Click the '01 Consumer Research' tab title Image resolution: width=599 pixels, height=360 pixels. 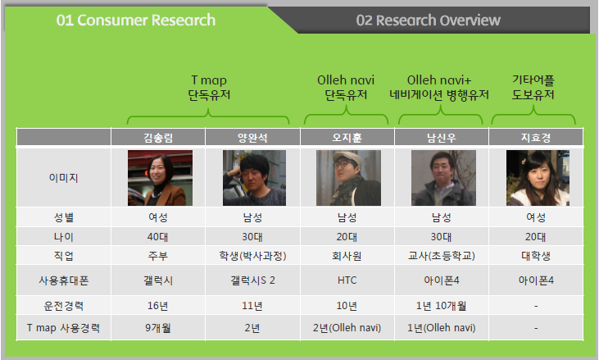[136, 21]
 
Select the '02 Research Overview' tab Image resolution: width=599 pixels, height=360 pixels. [429, 21]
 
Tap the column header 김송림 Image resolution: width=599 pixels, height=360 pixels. [158, 138]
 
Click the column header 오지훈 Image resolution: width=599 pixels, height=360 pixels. [347, 138]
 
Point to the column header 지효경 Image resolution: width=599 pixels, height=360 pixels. [536, 138]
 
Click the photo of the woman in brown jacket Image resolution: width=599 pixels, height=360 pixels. [160, 178]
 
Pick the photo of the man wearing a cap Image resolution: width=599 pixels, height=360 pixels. [348, 178]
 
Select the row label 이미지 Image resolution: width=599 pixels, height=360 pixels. [63, 178]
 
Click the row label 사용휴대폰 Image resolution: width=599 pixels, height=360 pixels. [63, 280]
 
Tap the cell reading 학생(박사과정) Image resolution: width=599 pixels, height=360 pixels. [252, 256]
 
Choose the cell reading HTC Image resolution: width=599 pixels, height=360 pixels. [347, 280]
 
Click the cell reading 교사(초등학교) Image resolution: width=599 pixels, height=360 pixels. [441, 256]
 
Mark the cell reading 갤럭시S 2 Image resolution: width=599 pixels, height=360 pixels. [252, 280]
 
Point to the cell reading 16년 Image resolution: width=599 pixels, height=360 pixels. [158, 306]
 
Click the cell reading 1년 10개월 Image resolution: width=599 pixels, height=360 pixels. [441, 306]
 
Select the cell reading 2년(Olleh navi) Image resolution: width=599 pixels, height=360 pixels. [347, 328]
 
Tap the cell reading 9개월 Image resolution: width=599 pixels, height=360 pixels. [158, 328]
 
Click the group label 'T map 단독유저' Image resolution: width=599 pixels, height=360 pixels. [209, 88]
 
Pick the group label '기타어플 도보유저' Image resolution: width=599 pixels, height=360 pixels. [533, 88]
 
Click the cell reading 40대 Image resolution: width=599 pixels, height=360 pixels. [158, 237]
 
